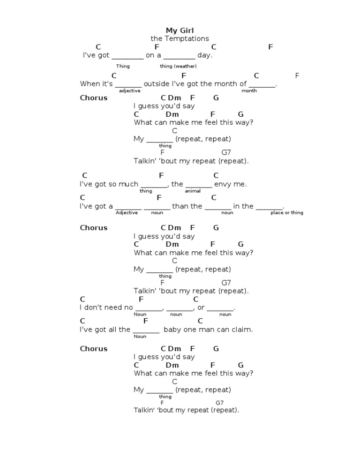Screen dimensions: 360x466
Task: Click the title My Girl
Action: coord(180,31)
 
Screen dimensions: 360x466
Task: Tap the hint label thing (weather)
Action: coord(178,66)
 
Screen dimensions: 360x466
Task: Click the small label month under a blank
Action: coord(249,90)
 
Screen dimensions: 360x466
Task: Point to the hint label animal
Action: coord(193,191)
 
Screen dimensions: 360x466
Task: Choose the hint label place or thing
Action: coord(286,212)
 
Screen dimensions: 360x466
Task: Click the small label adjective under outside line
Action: coord(129,90)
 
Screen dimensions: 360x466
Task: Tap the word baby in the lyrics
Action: coord(172,329)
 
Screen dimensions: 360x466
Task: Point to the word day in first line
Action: coord(204,55)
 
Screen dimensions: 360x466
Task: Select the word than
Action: coord(180,206)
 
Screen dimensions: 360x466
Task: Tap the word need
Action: coord(113,308)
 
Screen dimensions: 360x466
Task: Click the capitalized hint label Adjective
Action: coord(127,212)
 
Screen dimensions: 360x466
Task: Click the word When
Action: coord(90,84)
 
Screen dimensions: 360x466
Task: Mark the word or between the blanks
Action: coord(201,308)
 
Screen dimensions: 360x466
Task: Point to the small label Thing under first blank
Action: coord(123,66)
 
